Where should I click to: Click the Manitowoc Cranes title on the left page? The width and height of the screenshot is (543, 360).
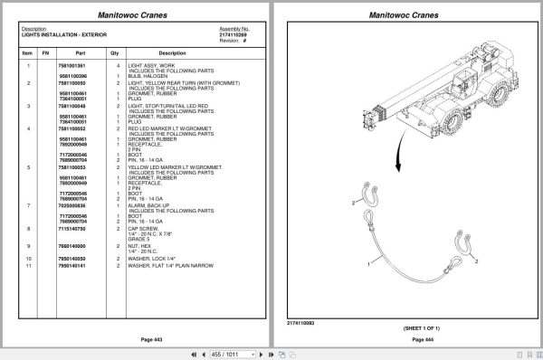tap(137, 14)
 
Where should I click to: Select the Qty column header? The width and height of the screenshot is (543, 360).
tap(115, 52)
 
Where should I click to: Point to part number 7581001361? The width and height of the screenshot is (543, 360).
tap(72, 67)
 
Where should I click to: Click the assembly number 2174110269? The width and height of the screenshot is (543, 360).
tap(233, 34)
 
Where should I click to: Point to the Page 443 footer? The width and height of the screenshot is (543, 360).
tap(136, 339)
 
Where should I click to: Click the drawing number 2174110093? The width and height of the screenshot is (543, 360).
tap(300, 321)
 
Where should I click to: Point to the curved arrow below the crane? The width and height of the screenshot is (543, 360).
tap(396, 147)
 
